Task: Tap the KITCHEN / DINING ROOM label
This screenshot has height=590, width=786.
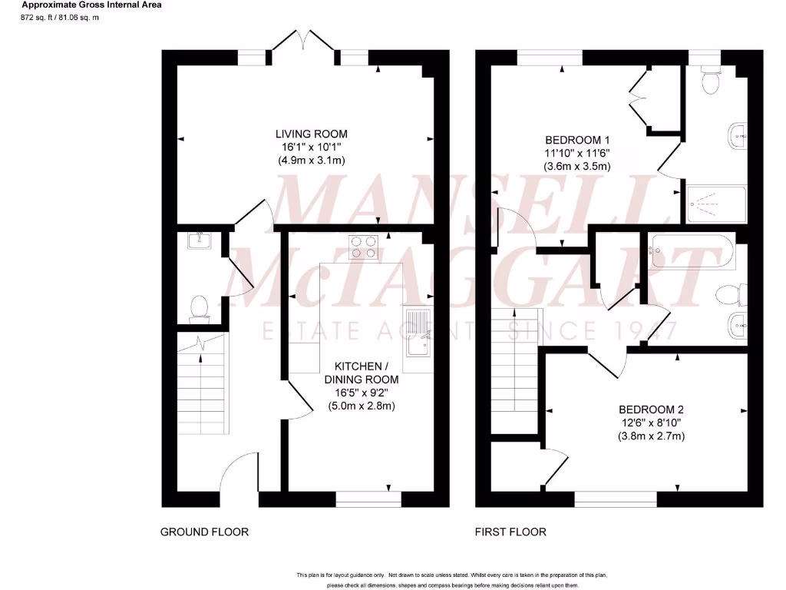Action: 362,373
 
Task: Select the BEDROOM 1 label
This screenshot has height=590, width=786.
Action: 576,140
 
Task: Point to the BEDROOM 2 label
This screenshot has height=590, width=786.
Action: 651,409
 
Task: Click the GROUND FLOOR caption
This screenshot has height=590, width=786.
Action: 204,532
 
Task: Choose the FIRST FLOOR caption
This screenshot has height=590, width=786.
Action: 510,532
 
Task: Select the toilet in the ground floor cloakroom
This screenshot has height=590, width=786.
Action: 200,308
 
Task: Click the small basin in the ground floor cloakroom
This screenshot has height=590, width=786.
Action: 199,242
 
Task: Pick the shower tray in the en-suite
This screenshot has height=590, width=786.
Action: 715,204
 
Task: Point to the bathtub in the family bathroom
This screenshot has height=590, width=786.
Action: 692,252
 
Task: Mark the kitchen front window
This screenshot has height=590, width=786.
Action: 368,499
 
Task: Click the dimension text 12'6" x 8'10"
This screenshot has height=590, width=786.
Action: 651,423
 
